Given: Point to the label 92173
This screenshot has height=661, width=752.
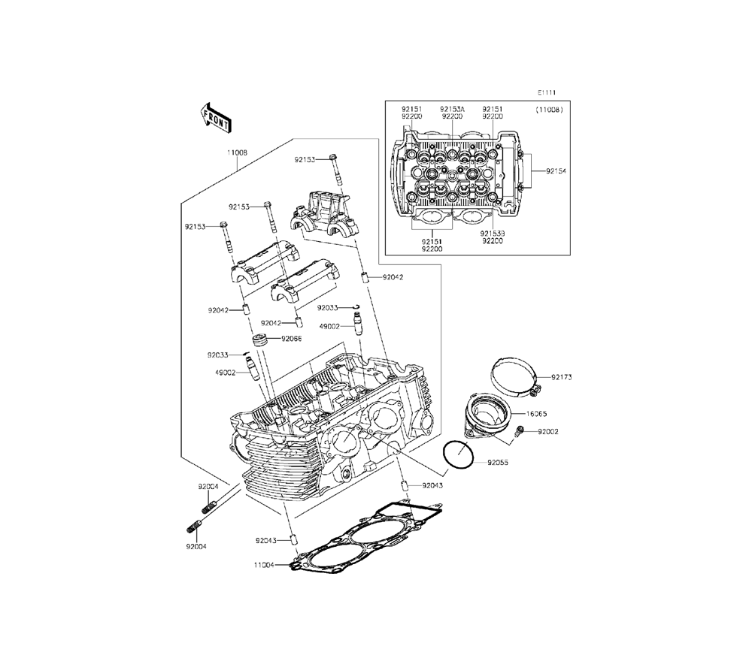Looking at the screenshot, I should point(561,378).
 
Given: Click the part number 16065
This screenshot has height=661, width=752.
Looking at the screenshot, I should point(557,413).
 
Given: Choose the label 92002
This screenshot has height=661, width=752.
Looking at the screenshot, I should point(548,432).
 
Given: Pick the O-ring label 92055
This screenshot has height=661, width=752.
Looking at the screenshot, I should point(498,463).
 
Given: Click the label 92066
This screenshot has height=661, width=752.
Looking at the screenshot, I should point(292,339).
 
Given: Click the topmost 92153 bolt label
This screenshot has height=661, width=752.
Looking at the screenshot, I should point(305,159).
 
